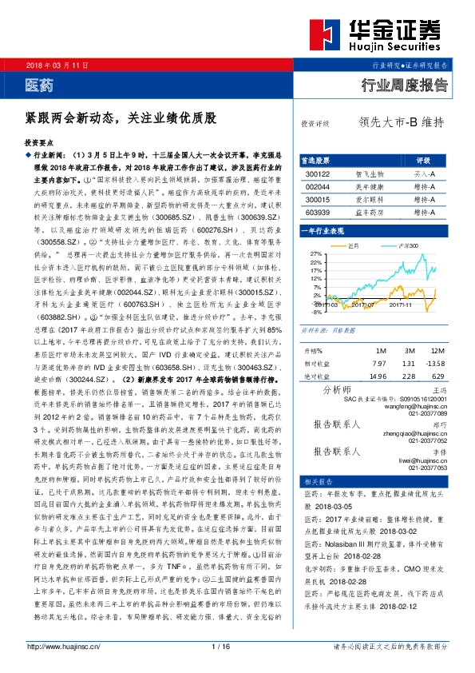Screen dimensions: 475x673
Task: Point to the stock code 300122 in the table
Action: click(x=318, y=173)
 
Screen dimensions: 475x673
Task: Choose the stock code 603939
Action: click(x=318, y=213)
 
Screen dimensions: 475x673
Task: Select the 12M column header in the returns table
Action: click(x=437, y=351)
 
